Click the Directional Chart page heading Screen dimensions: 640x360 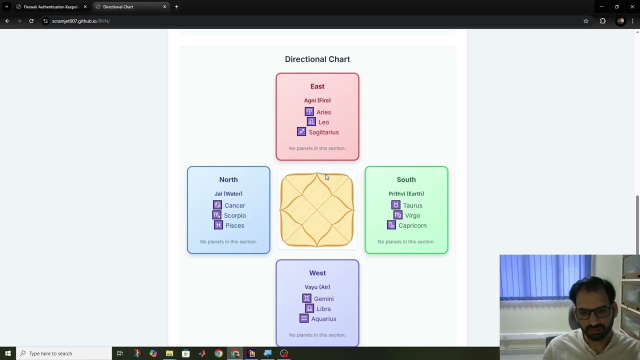point(317,59)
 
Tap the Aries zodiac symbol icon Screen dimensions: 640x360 point(309,111)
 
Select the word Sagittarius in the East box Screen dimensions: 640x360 point(323,132)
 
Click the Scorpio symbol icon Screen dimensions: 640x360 point(217,215)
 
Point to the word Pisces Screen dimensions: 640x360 point(235,225)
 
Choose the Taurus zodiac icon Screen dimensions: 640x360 point(395,205)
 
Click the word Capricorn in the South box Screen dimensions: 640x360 point(412,225)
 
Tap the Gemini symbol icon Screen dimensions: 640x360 point(307,298)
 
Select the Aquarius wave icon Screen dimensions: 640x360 point(304,318)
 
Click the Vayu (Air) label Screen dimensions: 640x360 point(317,287)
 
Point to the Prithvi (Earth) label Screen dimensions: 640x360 point(406,193)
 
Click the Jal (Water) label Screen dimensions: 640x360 point(228,193)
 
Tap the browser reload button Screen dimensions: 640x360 point(31,21)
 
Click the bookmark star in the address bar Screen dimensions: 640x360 point(585,21)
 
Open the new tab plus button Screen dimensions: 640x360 point(176,6)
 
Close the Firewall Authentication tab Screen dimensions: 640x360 point(85,6)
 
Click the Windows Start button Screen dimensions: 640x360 point(7,353)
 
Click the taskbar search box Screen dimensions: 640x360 point(64,353)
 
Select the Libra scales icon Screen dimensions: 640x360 point(309,308)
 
